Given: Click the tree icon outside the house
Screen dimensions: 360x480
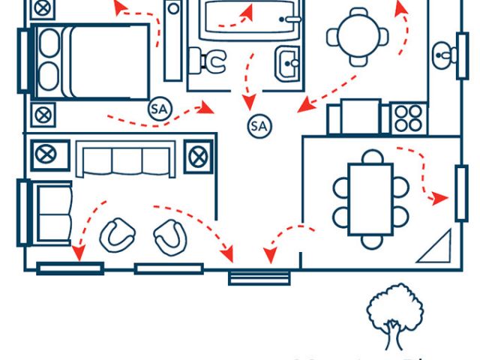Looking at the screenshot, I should [394, 316].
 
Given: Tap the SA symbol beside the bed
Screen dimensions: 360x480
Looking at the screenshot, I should [159, 109].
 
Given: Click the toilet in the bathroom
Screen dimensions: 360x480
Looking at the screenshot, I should [211, 60].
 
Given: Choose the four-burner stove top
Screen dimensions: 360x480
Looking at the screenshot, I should [407, 118].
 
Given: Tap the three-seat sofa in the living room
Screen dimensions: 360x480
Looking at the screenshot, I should [124, 160].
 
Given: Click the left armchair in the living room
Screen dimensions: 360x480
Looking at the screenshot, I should [117, 234].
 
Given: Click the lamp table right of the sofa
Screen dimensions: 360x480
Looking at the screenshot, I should [198, 156].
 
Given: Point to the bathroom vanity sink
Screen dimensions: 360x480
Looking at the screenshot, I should [287, 63].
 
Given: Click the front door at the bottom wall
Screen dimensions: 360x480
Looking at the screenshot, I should [259, 277].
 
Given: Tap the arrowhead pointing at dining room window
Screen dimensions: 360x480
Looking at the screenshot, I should [442, 199].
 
